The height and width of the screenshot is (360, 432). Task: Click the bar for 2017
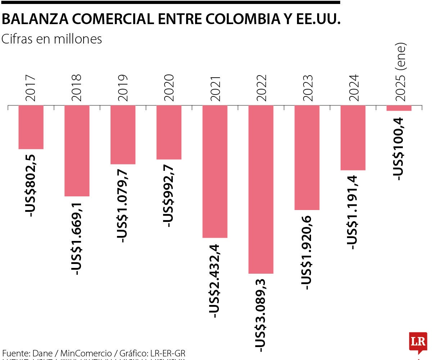pos(31,127)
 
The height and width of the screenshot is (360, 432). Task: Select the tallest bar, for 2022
pos(261,189)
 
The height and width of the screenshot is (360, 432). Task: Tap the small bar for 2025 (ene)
pos(399,108)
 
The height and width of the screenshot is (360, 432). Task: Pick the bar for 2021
pos(215,171)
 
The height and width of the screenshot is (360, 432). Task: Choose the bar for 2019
pos(123,135)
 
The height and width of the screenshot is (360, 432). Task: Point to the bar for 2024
pos(353,137)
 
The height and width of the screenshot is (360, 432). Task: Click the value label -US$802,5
pos(31,185)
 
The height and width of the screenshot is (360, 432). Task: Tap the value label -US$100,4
pos(399,149)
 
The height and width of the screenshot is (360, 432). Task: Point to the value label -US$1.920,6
pos(307,252)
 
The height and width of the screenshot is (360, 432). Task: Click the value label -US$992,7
pos(168,196)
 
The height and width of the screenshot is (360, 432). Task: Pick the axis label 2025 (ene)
pos(400,72)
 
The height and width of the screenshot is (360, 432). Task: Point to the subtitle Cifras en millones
pos(51,39)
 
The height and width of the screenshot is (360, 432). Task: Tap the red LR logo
pos(418,342)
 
